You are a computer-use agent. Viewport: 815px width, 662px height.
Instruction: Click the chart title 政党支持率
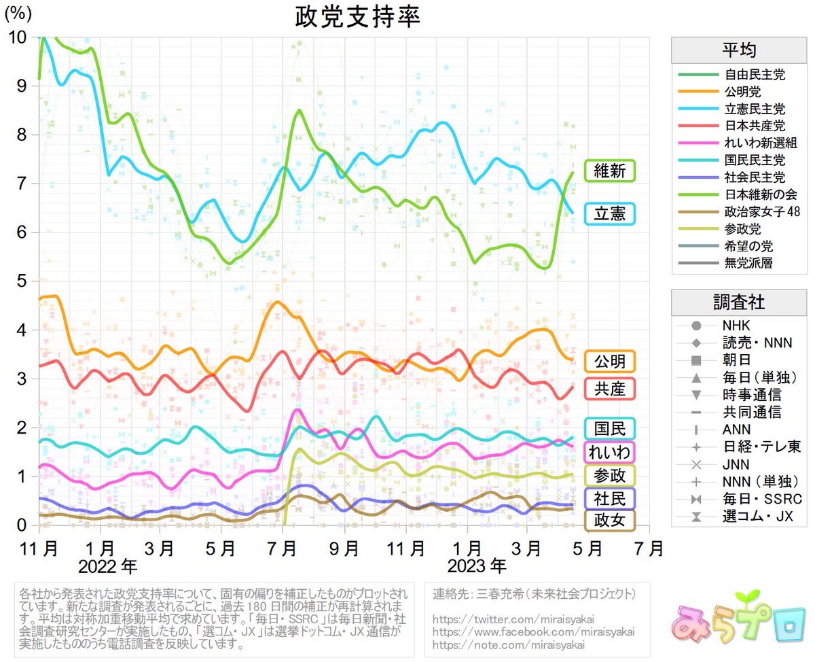tap(358, 16)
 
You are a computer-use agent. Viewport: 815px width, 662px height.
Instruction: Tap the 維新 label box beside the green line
tap(609, 171)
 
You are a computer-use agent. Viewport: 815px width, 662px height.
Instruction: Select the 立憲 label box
tap(609, 214)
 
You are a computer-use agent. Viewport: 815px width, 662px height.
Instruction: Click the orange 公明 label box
tap(609, 360)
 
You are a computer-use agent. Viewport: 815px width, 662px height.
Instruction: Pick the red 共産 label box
tap(609, 389)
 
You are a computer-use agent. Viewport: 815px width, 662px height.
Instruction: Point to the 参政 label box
tap(609, 475)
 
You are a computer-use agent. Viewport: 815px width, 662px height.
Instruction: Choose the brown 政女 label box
tap(609, 521)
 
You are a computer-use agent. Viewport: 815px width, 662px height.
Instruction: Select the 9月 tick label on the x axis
tap(346, 547)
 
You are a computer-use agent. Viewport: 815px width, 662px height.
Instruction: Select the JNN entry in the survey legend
tap(736, 466)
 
